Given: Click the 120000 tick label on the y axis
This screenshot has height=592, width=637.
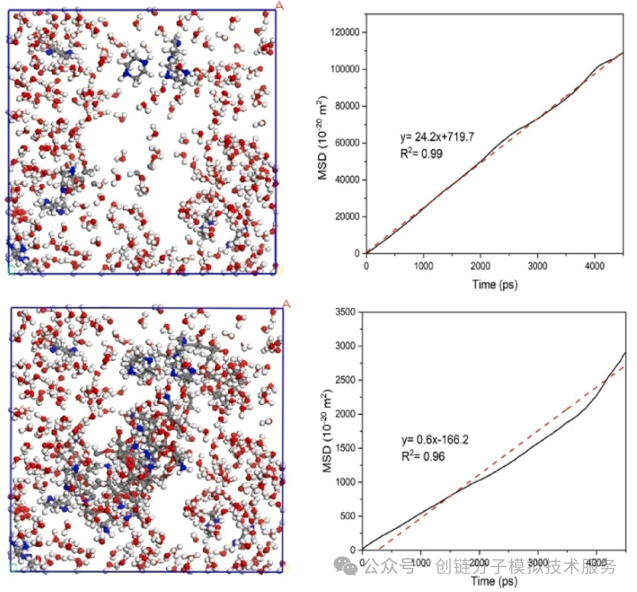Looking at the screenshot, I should (x=345, y=32).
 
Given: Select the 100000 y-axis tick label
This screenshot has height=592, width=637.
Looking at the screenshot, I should (x=345, y=69).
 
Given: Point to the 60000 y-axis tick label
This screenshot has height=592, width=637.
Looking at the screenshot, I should (x=347, y=143).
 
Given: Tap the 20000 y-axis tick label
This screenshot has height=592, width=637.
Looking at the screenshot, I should (x=347, y=216).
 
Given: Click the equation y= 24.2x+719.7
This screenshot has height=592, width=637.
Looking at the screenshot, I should (x=437, y=137).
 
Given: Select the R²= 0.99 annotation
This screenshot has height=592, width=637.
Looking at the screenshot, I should (x=421, y=153).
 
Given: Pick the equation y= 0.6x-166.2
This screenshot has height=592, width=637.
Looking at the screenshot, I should (x=434, y=439).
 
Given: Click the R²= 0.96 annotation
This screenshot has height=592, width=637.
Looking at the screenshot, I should (x=422, y=456).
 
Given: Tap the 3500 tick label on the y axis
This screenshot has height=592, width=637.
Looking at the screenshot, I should (x=345, y=311).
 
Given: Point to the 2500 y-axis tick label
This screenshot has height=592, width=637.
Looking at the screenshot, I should (x=345, y=380).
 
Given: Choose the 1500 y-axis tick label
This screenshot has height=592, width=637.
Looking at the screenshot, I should (x=345, y=448).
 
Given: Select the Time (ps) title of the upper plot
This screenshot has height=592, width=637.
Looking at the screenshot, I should (x=494, y=284).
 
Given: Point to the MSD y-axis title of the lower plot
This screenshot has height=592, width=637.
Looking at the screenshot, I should (x=327, y=431).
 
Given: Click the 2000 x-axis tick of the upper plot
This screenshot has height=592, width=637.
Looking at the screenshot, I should (x=480, y=266).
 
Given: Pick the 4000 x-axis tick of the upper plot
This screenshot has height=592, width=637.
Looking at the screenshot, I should (x=594, y=266).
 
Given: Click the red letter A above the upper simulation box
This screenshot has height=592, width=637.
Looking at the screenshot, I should (x=280, y=5).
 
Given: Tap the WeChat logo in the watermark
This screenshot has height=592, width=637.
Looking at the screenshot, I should (x=347, y=566).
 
